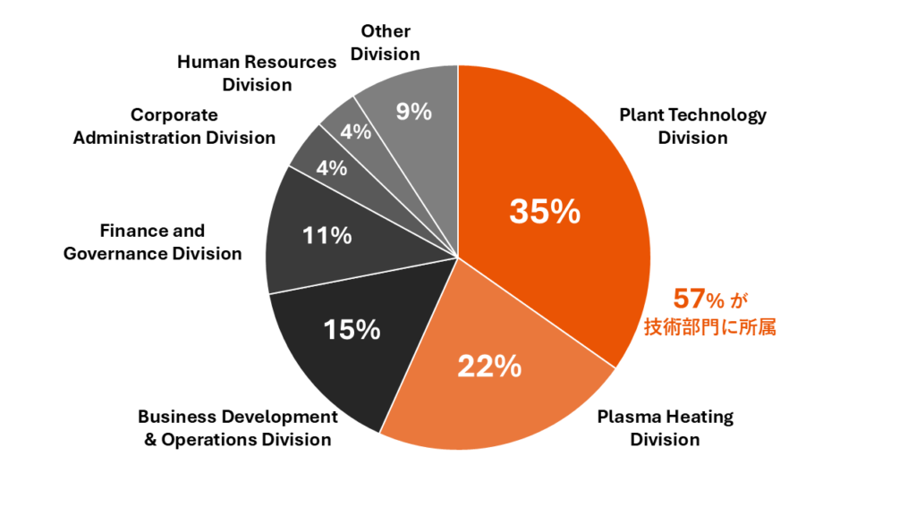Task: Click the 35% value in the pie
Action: tap(545, 212)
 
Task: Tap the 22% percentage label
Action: tap(489, 366)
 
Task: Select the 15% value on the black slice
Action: tap(352, 329)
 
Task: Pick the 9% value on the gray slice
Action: tap(414, 112)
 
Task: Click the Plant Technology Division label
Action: tap(692, 126)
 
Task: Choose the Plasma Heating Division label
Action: tap(665, 427)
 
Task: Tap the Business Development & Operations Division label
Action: tap(238, 427)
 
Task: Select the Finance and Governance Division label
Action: tap(152, 242)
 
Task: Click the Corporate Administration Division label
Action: tap(174, 126)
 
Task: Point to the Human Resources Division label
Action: tap(257, 73)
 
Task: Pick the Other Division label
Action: tap(385, 42)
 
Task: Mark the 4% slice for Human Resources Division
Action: tap(356, 131)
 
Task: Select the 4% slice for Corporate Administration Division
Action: tap(331, 167)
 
